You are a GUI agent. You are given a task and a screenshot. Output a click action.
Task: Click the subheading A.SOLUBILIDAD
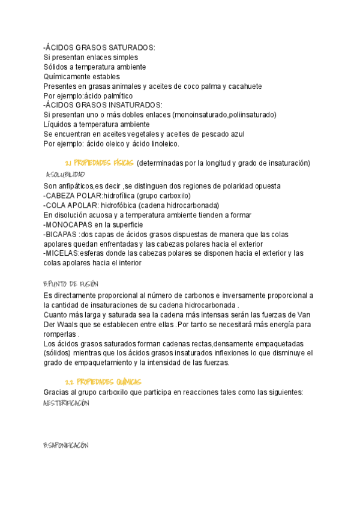pos(65,175)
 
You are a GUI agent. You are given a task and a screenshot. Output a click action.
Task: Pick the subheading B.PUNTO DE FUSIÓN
pos(71,284)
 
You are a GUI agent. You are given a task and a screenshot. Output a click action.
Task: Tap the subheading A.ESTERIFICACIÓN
pos(67,404)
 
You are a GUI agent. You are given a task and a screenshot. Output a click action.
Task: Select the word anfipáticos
pos(80,186)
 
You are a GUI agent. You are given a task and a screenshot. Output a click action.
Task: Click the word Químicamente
pos(68,77)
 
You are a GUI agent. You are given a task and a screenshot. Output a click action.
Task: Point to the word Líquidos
pos(59,124)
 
